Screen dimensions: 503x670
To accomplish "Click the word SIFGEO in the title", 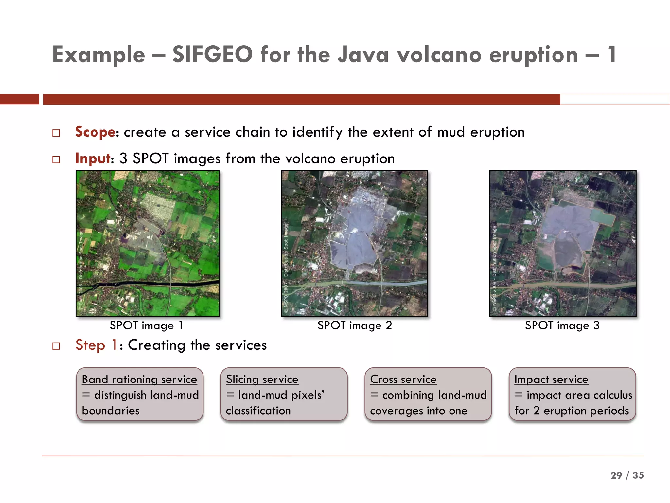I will [x=212, y=54].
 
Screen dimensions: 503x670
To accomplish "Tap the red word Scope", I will [x=95, y=132].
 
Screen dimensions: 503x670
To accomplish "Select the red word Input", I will [x=93, y=158].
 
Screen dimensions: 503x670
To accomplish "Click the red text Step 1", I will [x=96, y=345].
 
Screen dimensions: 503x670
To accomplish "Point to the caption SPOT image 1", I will [x=146, y=326].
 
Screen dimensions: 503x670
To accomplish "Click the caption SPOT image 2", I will [x=355, y=326].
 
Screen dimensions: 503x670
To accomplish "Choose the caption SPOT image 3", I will [x=562, y=326].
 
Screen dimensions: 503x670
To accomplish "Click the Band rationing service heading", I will [x=139, y=379].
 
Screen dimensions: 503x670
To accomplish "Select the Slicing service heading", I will [x=262, y=379].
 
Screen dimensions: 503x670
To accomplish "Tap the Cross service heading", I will [x=403, y=379].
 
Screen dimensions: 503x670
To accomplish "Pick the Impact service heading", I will [x=551, y=379].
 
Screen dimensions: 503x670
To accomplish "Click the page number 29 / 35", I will [x=627, y=475].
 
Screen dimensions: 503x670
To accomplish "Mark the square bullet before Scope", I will [x=56, y=133].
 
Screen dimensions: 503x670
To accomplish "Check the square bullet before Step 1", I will [x=56, y=346].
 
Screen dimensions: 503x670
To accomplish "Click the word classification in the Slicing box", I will [x=258, y=411].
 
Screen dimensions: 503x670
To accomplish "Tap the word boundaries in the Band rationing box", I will [x=111, y=411].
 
